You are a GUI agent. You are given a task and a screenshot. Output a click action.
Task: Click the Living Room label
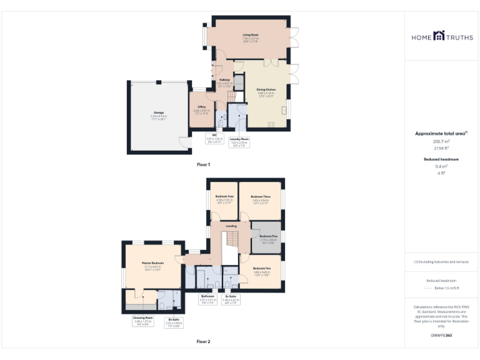pyautogui.click(x=251, y=36)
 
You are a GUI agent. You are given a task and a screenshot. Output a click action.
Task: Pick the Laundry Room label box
pyautogui.click(x=239, y=141)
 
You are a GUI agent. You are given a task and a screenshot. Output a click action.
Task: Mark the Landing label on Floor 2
pyautogui.click(x=231, y=226)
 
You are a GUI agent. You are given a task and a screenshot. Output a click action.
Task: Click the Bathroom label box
pyautogui.click(x=207, y=297)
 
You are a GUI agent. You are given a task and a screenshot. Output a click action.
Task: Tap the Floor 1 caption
pyautogui.click(x=203, y=164)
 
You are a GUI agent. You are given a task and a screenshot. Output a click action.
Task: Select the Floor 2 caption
pyautogui.click(x=203, y=342)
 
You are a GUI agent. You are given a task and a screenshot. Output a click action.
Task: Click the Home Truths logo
pyautogui.click(x=442, y=37)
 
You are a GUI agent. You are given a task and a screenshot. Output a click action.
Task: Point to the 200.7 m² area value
pyautogui.click(x=442, y=141)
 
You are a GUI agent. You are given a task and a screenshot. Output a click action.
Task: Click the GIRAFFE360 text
pyautogui.click(x=441, y=336)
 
